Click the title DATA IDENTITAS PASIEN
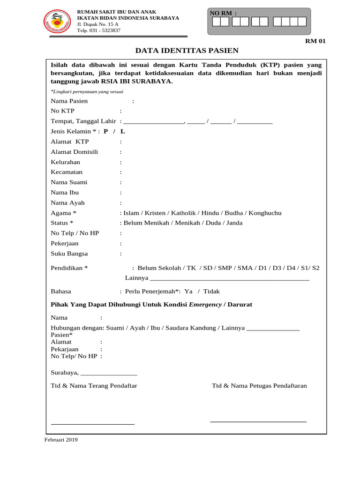(x=187, y=51)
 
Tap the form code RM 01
(x=315, y=41)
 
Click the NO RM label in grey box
(x=223, y=13)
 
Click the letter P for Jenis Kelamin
(x=106, y=131)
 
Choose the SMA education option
(x=245, y=268)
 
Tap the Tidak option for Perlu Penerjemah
(x=211, y=291)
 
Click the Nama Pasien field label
(x=69, y=101)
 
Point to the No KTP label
(x=62, y=111)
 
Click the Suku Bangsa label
(x=69, y=254)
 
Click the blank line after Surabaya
(x=109, y=374)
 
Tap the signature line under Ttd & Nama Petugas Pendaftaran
(x=258, y=421)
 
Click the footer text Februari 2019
(x=61, y=440)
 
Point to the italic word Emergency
(x=205, y=305)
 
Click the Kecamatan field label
(x=67, y=172)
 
